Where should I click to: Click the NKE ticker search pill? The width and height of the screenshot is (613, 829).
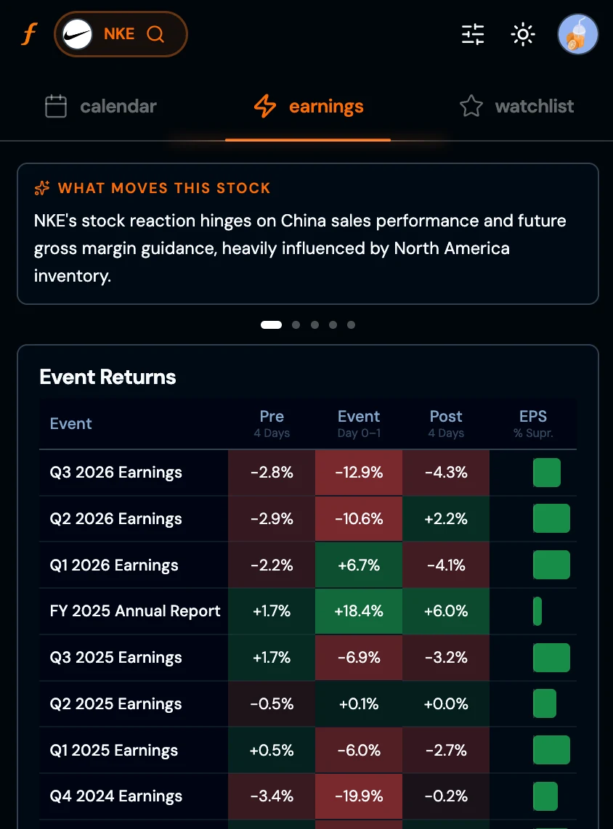pos(121,34)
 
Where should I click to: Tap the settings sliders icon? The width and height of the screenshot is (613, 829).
pos(473,34)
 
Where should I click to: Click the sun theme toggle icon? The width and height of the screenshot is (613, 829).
pos(523,34)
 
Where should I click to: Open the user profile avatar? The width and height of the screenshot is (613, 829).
pos(577,34)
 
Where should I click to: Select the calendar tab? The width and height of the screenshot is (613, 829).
pos(101,107)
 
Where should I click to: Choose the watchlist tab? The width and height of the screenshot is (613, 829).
pos(516,107)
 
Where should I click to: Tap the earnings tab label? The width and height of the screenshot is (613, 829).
pos(325,107)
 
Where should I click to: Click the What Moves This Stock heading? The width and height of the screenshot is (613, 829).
pos(163,188)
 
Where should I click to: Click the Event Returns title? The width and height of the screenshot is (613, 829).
pos(107,377)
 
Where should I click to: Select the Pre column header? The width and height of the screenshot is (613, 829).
pos(272,417)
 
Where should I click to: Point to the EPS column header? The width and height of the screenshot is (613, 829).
pos(533,417)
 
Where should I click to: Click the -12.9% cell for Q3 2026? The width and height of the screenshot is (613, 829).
pos(359,473)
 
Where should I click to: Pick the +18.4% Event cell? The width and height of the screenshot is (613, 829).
pos(359,611)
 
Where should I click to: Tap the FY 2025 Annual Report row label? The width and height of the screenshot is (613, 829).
pos(135,611)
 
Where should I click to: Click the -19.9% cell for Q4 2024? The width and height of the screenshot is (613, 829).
pos(359,796)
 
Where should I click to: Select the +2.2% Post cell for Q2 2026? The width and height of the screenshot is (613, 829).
pos(446,519)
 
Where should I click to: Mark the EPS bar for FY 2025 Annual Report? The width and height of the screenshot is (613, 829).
pos(537,611)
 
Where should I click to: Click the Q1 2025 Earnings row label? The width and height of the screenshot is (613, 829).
pos(114,750)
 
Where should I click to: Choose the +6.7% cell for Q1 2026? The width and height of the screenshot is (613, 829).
pos(359,565)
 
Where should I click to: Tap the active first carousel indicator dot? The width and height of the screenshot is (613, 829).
pos(271,325)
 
